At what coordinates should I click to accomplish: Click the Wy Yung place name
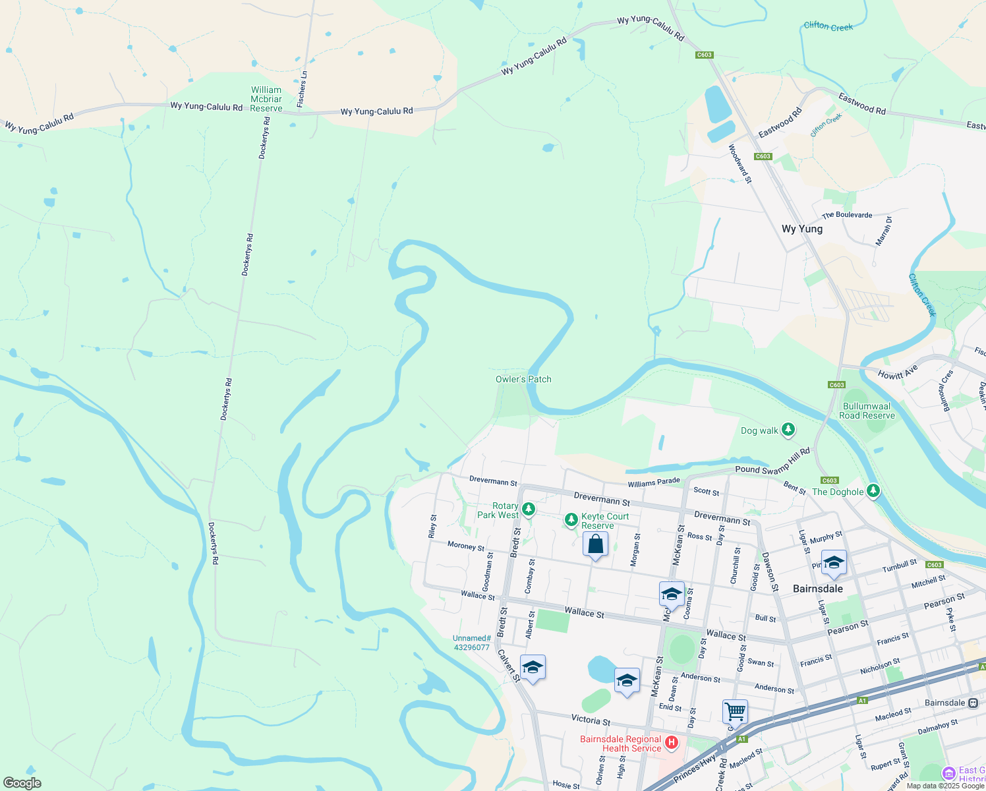coord(801,229)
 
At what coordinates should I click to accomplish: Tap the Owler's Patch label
coord(523,379)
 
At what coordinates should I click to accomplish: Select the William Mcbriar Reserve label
coord(266,99)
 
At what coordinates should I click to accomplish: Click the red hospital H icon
coord(671,744)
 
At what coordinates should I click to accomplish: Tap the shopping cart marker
coord(735,712)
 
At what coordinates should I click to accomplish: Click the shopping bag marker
coord(595,544)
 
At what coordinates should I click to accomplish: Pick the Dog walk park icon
coord(788,430)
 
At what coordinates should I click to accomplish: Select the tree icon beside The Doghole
coord(873,491)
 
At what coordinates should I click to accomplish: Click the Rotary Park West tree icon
coord(528,509)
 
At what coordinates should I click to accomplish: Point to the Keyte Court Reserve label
coord(605,521)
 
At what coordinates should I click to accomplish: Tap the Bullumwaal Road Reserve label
coord(867,411)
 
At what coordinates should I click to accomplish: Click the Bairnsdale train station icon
coord(973,703)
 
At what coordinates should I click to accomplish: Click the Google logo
coord(22,782)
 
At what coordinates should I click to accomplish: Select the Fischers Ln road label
coord(303,89)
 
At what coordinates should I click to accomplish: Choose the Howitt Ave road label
coord(898,372)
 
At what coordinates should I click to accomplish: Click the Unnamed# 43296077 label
coord(471,643)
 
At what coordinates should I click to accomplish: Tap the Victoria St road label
coord(591,720)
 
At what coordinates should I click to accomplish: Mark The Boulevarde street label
coord(847,215)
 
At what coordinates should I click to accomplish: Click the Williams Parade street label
coord(653,483)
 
